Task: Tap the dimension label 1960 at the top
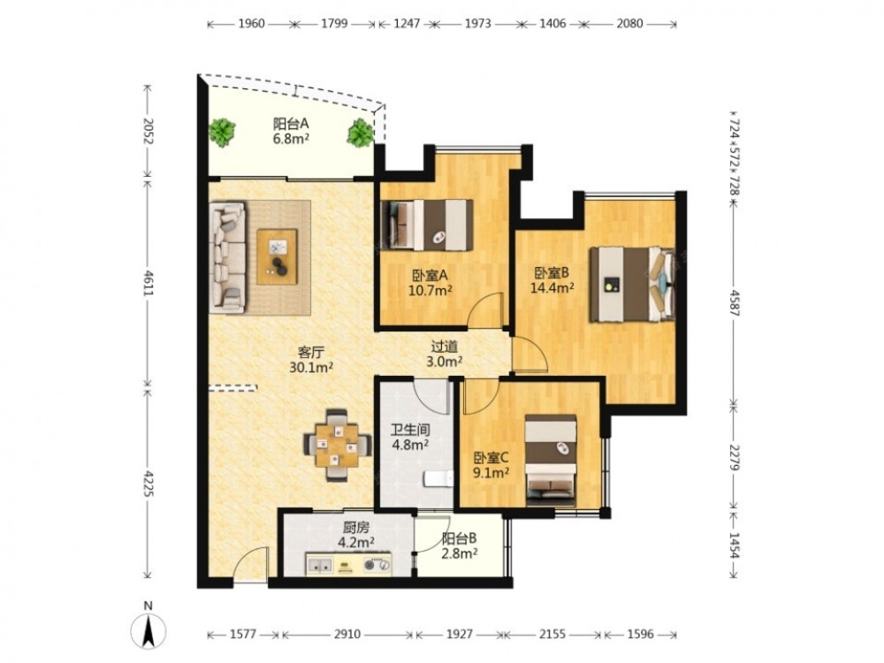[251, 24]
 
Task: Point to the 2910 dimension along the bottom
[347, 634]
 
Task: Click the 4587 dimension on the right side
[734, 302]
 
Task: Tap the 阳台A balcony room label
[290, 124]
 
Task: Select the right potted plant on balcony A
[359, 133]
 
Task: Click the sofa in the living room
[228, 257]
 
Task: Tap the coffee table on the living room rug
[277, 256]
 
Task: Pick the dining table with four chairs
[337, 445]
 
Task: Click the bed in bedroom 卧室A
[427, 225]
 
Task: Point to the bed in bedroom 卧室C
[551, 461]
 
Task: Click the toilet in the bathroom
[438, 479]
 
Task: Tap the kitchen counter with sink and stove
[348, 564]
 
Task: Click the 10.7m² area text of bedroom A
[431, 291]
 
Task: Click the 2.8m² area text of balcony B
[460, 554]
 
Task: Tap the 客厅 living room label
[310, 353]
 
